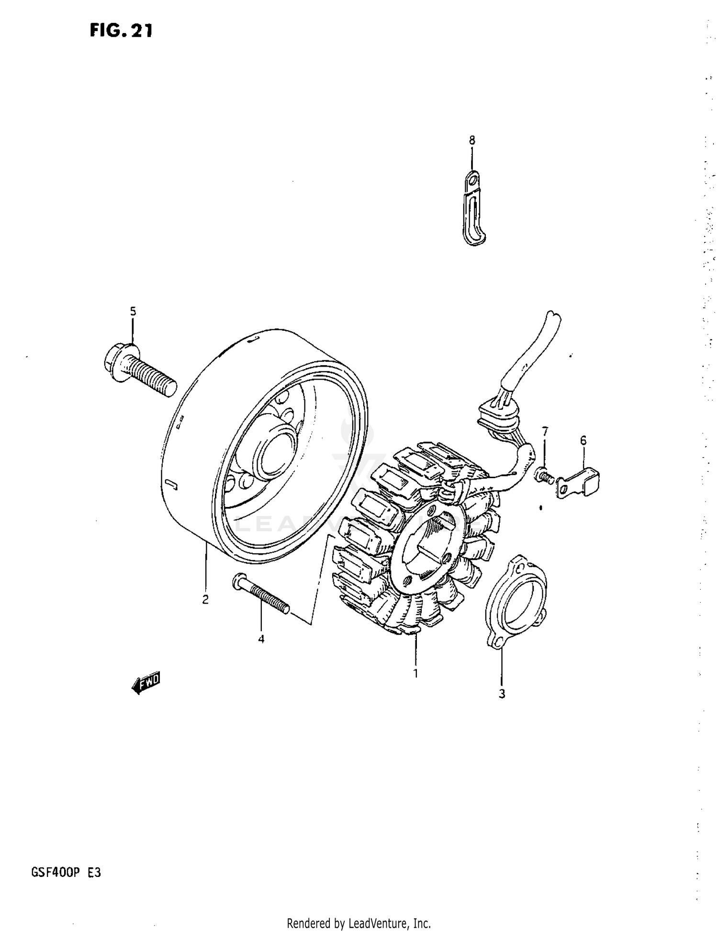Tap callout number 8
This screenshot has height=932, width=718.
click(472, 140)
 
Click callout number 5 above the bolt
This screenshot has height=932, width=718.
click(133, 312)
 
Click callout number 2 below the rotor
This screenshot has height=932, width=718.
click(205, 599)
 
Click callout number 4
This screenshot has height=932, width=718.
click(261, 639)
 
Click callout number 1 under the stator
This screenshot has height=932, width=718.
click(415, 673)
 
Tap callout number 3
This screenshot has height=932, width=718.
click(502, 694)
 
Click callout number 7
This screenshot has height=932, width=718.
click(545, 431)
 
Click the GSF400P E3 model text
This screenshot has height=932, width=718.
click(66, 872)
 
